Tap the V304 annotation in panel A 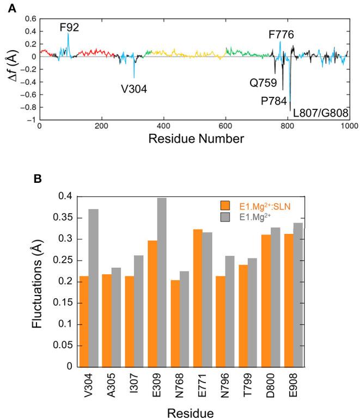[x=134, y=88]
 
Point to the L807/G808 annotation [x=320, y=113]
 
